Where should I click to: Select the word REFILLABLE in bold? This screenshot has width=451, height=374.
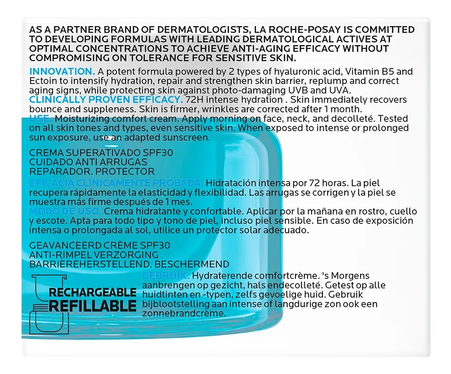(92, 306)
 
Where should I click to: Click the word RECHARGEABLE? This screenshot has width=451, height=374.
(92, 293)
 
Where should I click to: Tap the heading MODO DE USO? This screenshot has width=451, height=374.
(65, 211)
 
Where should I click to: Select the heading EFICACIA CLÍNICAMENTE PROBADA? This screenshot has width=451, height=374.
(116, 183)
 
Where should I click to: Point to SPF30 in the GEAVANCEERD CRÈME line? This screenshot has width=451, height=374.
(154, 245)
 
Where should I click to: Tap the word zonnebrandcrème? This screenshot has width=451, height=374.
(185, 313)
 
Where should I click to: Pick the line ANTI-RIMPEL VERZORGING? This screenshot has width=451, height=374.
(94, 255)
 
